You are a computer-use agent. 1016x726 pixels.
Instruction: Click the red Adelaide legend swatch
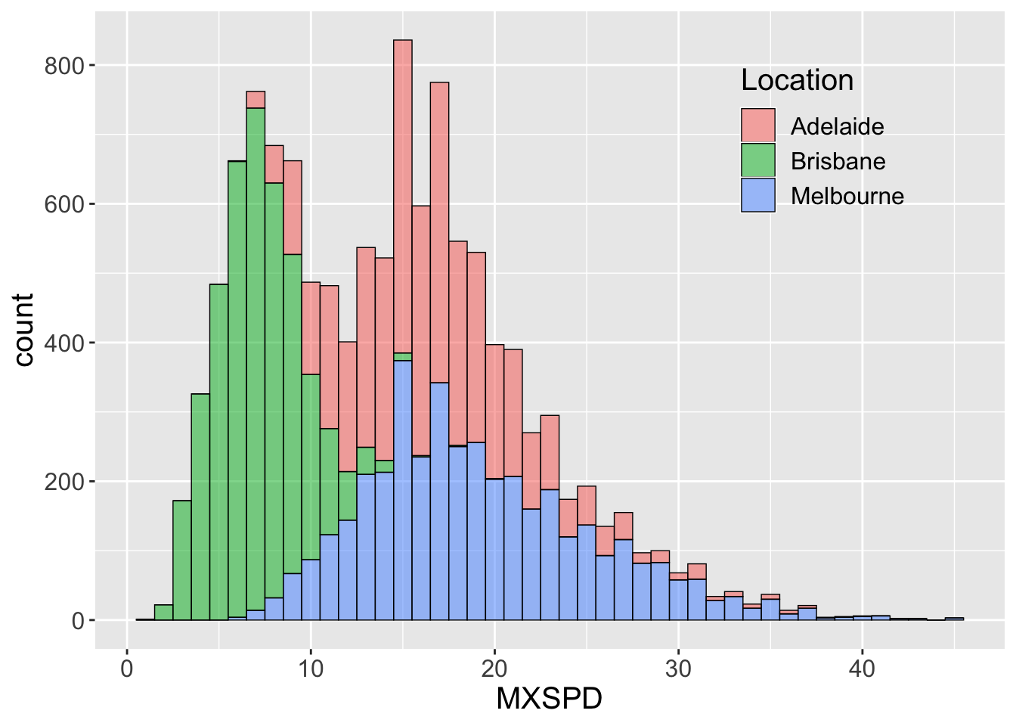757,126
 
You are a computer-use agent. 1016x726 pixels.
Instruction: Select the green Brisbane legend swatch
757,160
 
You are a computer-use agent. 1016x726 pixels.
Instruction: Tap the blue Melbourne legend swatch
757,195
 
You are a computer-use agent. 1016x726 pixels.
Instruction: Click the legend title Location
797,80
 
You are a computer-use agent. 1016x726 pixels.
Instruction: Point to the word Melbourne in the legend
847,196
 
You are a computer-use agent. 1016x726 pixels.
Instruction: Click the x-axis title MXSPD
549,699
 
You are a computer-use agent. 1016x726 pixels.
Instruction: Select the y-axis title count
24,330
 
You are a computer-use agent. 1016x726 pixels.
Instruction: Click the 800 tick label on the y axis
64,66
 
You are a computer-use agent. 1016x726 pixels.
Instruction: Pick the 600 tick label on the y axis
64,204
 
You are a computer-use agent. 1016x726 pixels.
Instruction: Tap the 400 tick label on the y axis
64,343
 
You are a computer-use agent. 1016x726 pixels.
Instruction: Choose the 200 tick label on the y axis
64,482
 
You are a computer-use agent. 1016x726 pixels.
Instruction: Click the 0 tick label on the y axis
78,621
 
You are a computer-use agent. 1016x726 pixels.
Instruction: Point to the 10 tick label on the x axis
311,669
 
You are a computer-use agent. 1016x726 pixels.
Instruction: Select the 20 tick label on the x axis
494,669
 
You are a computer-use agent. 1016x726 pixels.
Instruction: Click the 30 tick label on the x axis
678,669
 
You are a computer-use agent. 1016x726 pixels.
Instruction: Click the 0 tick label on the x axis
127,669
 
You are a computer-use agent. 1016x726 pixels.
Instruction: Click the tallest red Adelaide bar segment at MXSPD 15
403,197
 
